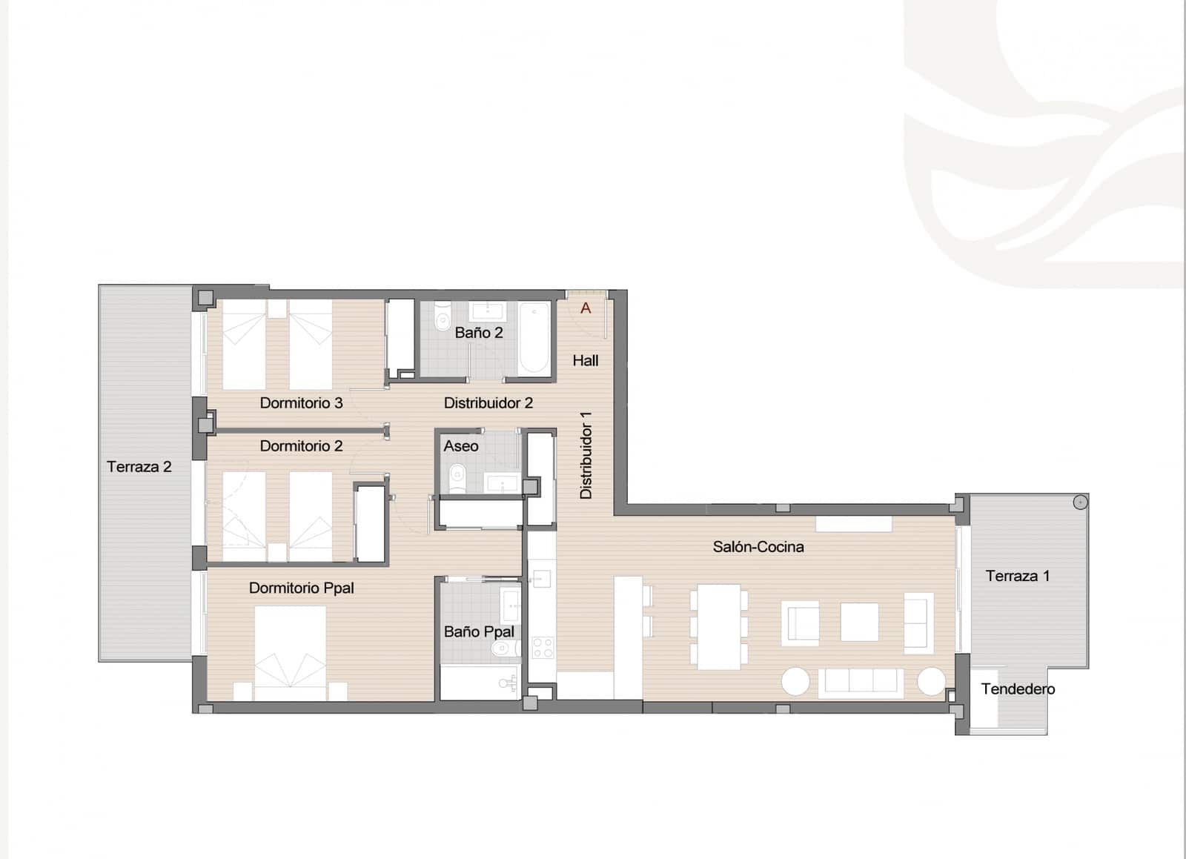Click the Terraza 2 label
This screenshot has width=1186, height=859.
click(139, 467)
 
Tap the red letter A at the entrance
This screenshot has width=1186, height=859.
click(586, 308)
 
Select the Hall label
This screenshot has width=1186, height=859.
click(585, 361)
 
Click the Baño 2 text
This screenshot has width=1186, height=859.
click(479, 333)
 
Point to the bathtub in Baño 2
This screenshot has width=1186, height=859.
click(534, 339)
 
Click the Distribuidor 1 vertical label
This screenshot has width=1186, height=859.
click(586, 455)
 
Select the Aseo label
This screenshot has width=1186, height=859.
click(461, 446)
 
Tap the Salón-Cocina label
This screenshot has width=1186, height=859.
click(758, 547)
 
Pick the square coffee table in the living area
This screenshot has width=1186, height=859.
click(859, 622)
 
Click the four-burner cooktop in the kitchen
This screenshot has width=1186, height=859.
click(543, 647)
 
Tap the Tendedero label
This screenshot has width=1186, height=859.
click(1018, 689)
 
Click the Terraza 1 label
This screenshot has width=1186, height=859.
click(1017, 576)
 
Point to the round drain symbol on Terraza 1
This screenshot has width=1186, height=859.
click(1080, 503)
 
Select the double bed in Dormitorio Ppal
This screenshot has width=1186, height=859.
click(290, 652)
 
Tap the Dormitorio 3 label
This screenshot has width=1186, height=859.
click(301, 403)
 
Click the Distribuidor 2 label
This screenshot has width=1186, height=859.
click(488, 403)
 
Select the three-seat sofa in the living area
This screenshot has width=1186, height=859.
click(860, 682)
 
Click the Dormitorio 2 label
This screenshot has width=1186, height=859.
click(301, 446)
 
